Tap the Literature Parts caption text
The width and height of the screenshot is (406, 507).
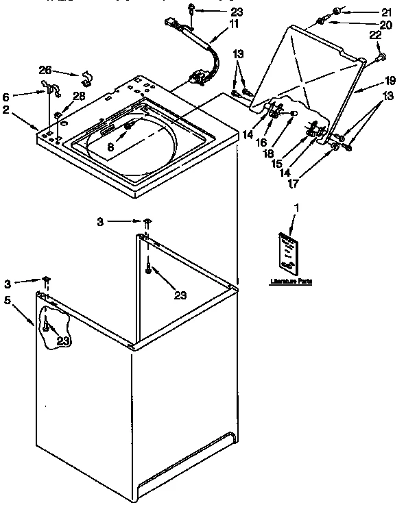pos(290,281)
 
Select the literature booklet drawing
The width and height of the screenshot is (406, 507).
pos(287,251)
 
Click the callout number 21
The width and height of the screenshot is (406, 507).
pos(387,12)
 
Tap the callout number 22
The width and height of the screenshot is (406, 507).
pos(375,36)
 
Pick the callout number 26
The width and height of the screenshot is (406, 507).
pos(45,70)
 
